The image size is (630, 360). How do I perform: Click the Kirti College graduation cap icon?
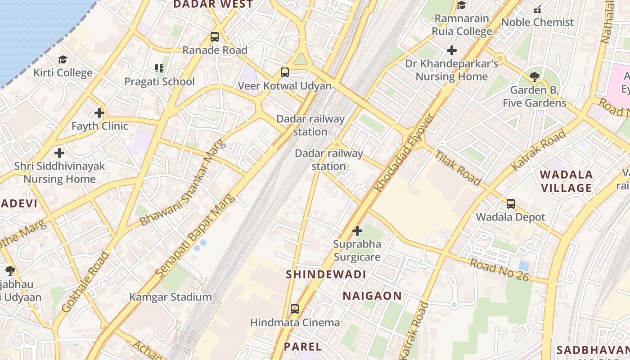click(63, 59)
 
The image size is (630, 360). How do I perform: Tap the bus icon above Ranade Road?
click(215, 37)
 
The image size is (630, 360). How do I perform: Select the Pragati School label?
click(159, 81)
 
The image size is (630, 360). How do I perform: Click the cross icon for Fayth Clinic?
click(99, 113)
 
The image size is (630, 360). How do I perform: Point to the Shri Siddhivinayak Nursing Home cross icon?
click(59, 153)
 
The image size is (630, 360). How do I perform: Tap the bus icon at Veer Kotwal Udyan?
click(284, 72)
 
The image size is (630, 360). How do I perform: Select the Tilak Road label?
click(458, 168)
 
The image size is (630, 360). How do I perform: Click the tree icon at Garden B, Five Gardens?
click(534, 77)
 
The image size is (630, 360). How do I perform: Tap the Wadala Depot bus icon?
click(510, 204)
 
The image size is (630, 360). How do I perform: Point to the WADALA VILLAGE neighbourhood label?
click(566, 181)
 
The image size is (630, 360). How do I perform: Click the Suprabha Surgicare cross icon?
click(357, 231)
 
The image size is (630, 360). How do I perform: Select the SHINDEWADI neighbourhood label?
click(326, 274)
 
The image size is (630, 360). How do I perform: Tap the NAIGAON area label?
click(372, 296)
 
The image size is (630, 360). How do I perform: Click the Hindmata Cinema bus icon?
click(295, 309)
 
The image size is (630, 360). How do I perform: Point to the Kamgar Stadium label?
click(171, 297)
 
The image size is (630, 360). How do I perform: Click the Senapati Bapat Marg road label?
click(195, 236)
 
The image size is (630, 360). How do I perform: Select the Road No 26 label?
click(499, 270)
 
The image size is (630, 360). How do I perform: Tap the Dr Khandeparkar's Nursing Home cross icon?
click(452, 50)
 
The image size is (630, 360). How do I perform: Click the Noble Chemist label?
click(537, 22)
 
